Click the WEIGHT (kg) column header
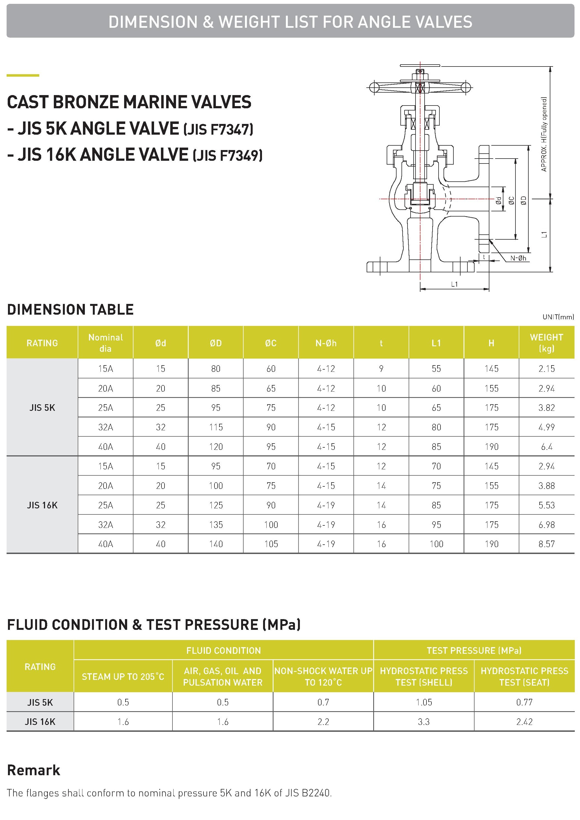pyautogui.click(x=546, y=343)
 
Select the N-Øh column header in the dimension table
pyautogui.click(x=326, y=343)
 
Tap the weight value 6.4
pyautogui.click(x=546, y=447)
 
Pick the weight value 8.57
pyautogui.click(x=546, y=544)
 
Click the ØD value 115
pyautogui.click(x=216, y=427)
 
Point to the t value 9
pyautogui.click(x=381, y=369)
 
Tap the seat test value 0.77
pyautogui.click(x=524, y=702)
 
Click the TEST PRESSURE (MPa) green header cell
pyautogui.click(x=474, y=650)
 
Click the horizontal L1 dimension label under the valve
pyautogui.click(x=454, y=284)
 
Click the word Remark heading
pyautogui.click(x=34, y=770)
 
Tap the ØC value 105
pyautogui.click(x=271, y=544)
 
